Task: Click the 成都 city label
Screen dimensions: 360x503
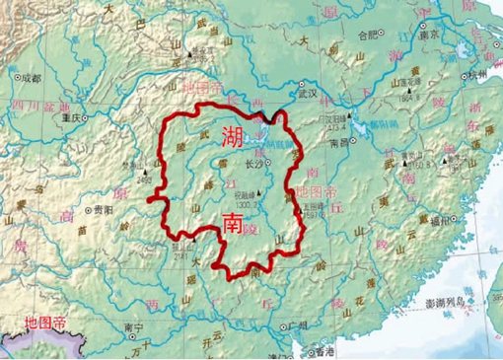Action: coord(31,76)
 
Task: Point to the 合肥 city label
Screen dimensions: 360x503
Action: coord(368,34)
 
